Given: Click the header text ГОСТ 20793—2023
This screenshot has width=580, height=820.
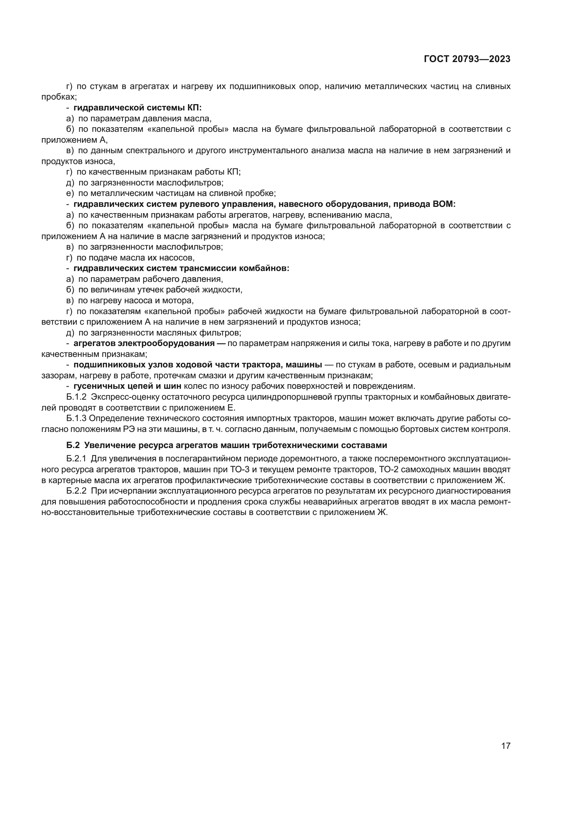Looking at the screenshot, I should click(x=467, y=59).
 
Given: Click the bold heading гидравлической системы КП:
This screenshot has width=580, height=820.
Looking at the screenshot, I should click(x=137, y=108).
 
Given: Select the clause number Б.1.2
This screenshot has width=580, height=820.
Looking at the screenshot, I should click(x=76, y=397).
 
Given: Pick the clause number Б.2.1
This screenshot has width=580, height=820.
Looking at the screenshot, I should click(x=76, y=458).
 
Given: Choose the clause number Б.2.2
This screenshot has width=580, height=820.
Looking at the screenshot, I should click(x=76, y=491).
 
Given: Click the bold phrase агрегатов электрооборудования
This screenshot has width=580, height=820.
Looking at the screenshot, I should click(x=144, y=343).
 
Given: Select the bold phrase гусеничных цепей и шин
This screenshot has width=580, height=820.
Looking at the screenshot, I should click(x=127, y=386).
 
